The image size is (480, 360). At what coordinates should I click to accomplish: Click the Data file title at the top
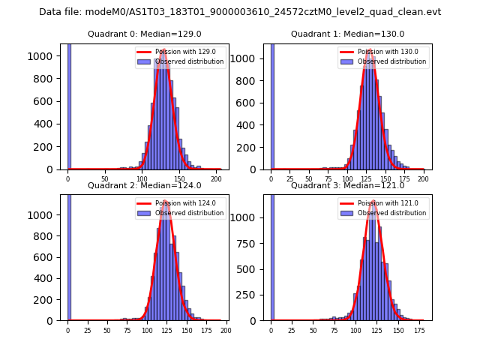coord(240,12)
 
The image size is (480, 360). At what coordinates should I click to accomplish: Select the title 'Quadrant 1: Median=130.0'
coord(347,34)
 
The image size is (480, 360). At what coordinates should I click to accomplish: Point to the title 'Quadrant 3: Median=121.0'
coord(347,185)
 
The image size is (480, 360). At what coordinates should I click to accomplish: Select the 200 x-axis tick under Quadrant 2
coord(225,331)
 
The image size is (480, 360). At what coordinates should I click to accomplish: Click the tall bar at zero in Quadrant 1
coord(271,105)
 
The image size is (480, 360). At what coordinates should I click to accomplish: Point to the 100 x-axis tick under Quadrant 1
coord(347,180)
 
